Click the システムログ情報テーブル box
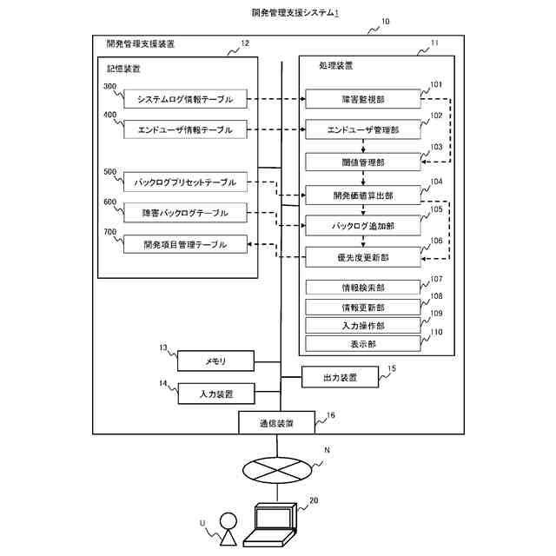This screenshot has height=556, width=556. tap(185, 98)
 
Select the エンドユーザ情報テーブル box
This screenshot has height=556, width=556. tap(185, 129)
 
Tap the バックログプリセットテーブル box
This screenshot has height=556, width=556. tap(185, 182)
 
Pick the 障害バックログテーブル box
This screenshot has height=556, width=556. tap(185, 212)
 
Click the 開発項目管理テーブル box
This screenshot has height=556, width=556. tap(185, 244)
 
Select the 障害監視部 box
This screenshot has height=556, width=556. tap(363, 99)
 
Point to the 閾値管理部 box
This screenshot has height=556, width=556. tap(363, 162)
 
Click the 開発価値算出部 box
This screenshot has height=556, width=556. tap(363, 195)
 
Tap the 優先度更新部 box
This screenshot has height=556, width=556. tap(363, 257)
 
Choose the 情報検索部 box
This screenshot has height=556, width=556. tap(363, 288)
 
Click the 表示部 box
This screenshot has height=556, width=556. tap(363, 344)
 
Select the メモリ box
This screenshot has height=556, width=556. tap(215, 361)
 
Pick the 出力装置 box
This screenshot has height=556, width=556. tap(340, 377)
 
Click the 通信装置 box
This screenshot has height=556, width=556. tap(276, 423)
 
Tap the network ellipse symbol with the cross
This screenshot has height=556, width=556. tap(277, 470)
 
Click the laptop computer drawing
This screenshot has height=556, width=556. tap(270, 525)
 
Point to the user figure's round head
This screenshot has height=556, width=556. tap(228, 521)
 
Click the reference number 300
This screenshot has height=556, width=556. tap(110, 87)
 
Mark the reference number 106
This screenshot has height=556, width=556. tap(436, 241)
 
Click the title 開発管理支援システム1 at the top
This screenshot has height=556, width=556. tap(295, 13)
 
